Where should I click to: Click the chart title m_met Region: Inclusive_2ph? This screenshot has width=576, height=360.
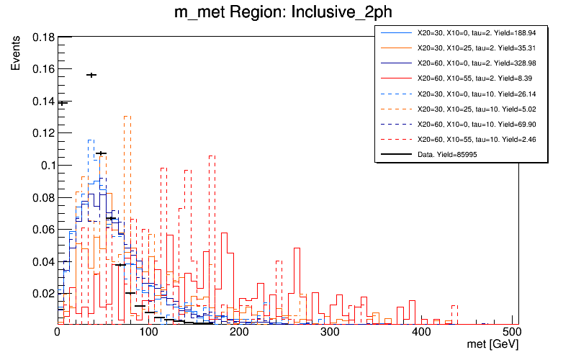pyautogui.click(x=287, y=12)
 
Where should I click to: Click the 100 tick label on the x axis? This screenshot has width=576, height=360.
pyautogui.click(x=148, y=332)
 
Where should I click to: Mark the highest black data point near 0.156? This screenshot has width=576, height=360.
pyautogui.click(x=91, y=75)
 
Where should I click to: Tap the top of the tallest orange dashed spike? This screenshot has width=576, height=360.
pyautogui.click(x=127, y=116)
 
